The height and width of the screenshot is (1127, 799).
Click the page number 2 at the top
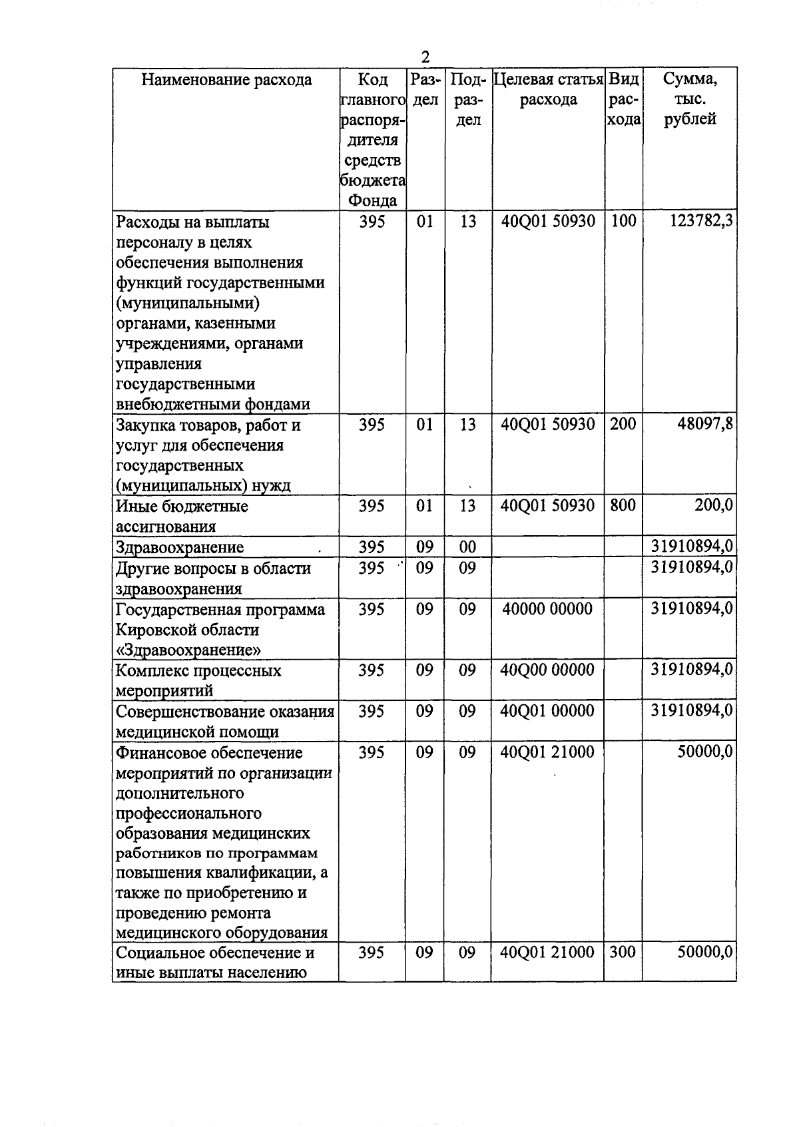(425, 57)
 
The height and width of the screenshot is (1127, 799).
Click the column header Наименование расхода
(226, 80)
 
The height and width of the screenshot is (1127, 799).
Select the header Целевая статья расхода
(548, 90)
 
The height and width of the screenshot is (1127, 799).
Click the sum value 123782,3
(701, 221)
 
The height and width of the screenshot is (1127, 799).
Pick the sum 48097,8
(705, 424)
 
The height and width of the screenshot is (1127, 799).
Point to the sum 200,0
(714, 505)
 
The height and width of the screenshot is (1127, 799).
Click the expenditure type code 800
(623, 505)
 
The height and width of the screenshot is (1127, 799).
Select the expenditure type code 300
(623, 952)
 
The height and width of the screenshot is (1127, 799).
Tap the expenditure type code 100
(623, 221)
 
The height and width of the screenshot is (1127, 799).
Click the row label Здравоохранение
(180, 547)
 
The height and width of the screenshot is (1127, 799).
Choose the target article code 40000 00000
(547, 608)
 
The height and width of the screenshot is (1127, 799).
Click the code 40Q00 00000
(547, 670)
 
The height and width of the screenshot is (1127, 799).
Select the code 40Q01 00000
(547, 711)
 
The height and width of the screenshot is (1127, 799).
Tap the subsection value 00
(467, 547)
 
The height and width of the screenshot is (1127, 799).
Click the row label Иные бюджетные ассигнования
(182, 516)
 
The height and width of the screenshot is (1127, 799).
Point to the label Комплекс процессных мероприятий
(198, 680)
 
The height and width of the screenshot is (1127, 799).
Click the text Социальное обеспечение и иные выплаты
(214, 962)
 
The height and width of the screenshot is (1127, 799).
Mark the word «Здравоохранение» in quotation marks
(188, 650)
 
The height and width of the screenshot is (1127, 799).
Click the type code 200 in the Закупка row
(623, 424)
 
